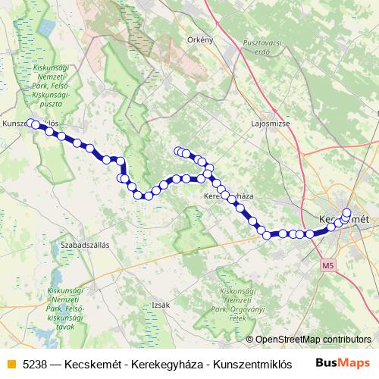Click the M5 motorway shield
click(327, 267)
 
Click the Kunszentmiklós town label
click(30, 122)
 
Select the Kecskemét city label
click(344, 219)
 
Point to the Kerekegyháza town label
click(228, 196)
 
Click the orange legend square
click(10, 363)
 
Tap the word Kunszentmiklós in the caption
click(243, 363)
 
